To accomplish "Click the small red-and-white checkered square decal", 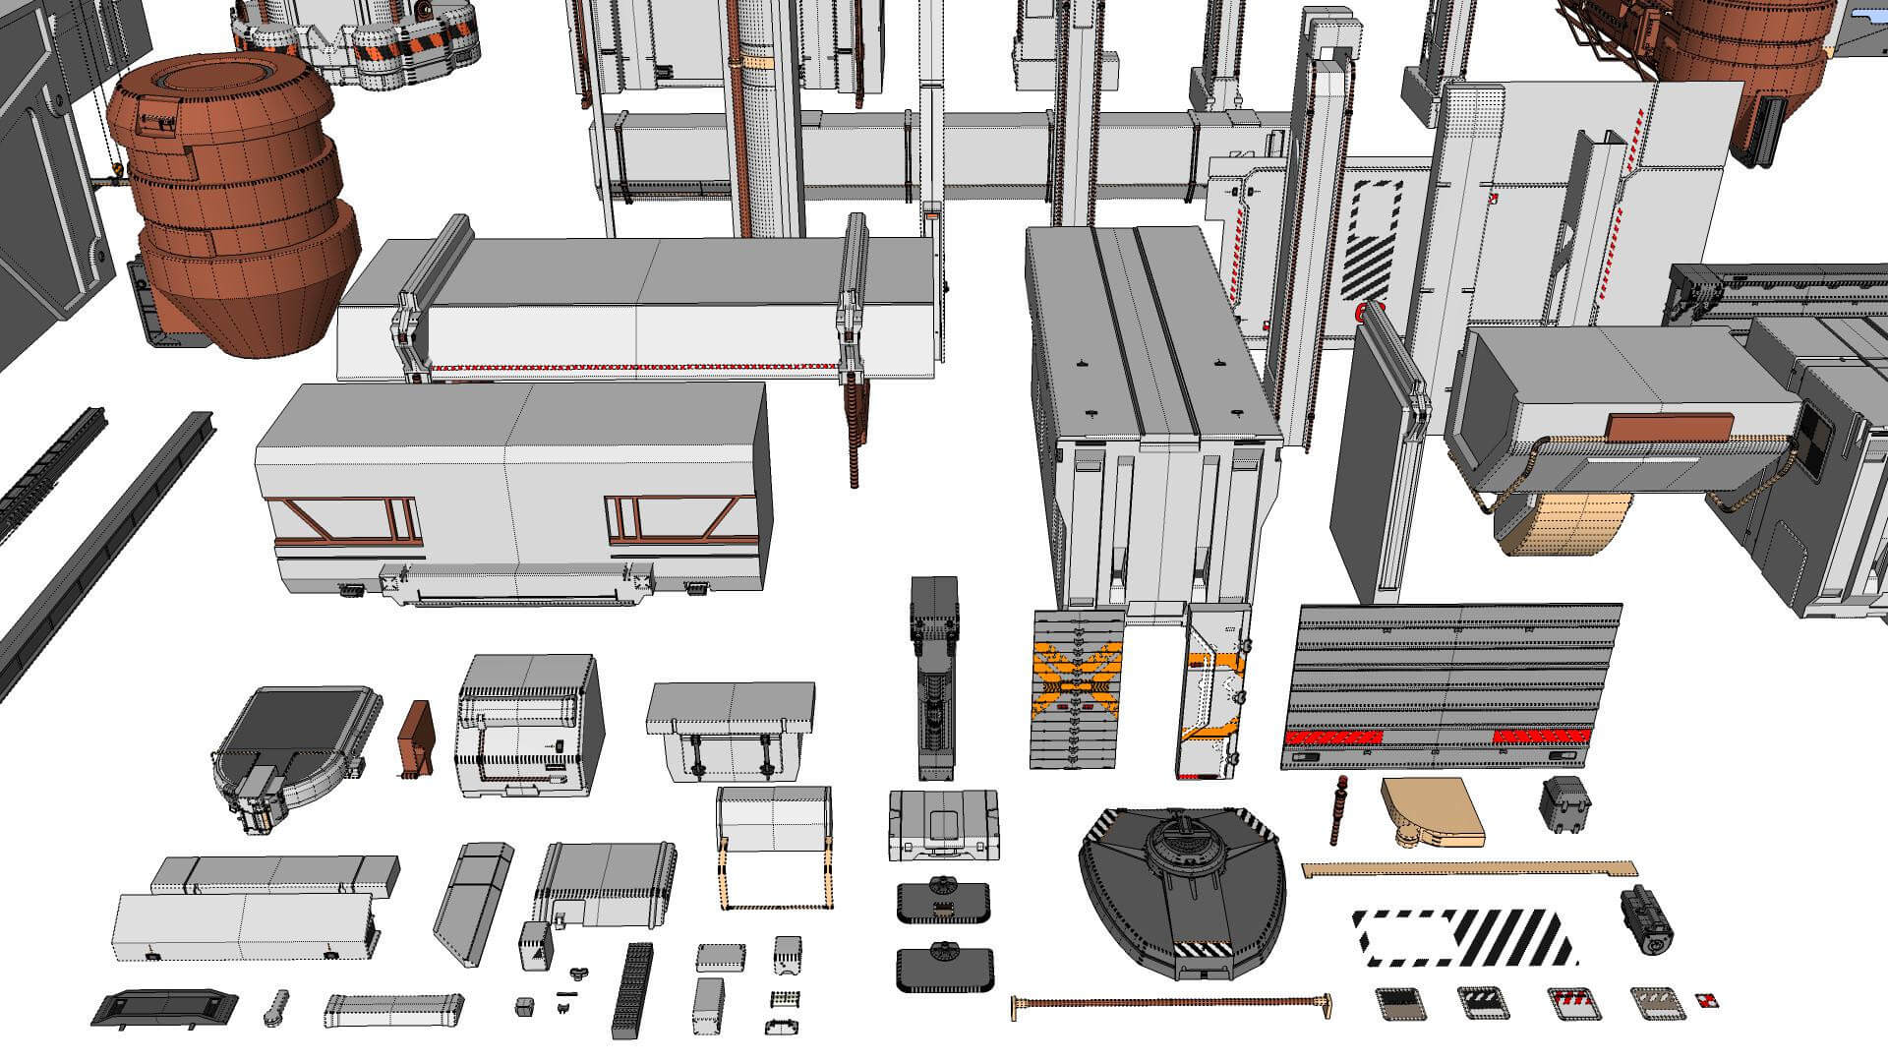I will [1708, 1002].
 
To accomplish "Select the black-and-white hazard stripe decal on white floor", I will [1465, 937].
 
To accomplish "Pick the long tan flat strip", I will [1470, 869].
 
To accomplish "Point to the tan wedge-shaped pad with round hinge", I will [1431, 810].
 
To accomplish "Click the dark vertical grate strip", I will [635, 989].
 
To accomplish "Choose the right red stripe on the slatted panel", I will [1541, 736].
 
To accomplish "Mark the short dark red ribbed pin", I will [1337, 811].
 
